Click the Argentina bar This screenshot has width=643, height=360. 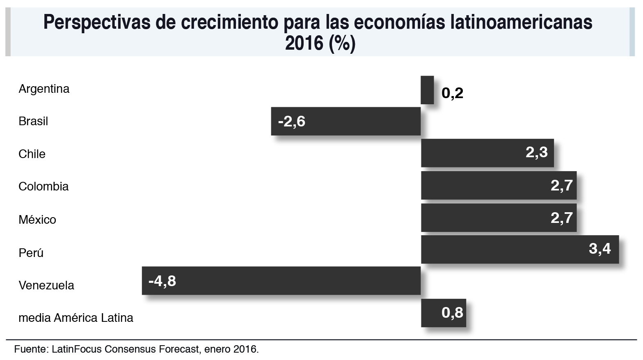point(427,90)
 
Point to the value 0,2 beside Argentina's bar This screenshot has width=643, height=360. point(452,93)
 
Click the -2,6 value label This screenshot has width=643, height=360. point(291,122)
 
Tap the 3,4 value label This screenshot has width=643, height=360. point(600,248)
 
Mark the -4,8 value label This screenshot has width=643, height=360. point(162,281)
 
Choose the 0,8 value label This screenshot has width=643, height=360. point(452,313)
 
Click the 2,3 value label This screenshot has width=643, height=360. point(536,152)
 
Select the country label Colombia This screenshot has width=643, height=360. point(43,186)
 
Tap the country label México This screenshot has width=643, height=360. point(37,220)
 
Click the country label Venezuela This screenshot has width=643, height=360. point(46,285)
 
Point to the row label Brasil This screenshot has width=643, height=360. point(33,122)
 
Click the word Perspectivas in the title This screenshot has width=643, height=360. point(96,23)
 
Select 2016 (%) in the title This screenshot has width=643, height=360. point(320,43)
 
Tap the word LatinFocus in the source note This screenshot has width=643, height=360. point(77,349)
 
